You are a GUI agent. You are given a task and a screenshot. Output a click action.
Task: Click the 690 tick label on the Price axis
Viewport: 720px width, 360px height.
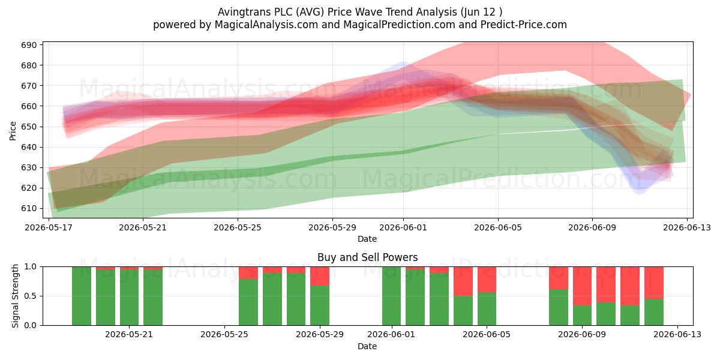coord(29,45)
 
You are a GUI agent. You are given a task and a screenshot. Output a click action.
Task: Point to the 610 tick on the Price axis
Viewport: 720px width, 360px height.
coord(29,209)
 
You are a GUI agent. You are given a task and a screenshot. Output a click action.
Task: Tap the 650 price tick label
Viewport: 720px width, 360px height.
coord(29,127)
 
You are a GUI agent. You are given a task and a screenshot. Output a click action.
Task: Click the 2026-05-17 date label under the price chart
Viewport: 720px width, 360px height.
coord(49,227)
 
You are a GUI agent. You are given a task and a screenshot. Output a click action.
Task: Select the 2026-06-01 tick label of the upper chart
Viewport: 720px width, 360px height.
coord(403,227)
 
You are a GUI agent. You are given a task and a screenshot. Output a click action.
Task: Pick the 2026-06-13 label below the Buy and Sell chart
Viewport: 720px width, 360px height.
coord(677,335)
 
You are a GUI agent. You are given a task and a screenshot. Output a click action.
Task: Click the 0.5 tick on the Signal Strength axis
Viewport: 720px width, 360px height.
coord(31,296)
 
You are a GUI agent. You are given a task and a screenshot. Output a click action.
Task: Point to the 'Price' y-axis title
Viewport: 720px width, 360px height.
coord(13,131)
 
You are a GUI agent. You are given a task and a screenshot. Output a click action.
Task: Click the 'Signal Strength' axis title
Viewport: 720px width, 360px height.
coord(15,296)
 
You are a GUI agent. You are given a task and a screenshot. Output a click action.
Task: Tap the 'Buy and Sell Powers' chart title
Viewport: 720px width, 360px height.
coord(367,257)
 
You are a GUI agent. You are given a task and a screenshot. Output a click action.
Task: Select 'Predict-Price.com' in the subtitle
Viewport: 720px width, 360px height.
coord(524,25)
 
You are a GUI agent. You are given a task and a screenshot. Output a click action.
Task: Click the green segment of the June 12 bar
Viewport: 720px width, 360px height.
coord(654,312)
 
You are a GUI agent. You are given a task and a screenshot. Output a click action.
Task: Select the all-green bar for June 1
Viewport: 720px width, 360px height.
coord(391,296)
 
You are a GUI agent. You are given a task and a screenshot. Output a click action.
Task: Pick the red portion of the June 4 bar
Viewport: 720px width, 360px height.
coord(463,281)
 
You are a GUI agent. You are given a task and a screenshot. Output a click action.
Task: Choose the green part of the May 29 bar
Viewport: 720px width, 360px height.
coord(320,305)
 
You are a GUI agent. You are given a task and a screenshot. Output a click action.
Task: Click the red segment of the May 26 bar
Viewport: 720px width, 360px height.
coord(248,273)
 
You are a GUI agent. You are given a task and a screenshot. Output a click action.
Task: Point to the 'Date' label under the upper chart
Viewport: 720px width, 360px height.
coord(367,239)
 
